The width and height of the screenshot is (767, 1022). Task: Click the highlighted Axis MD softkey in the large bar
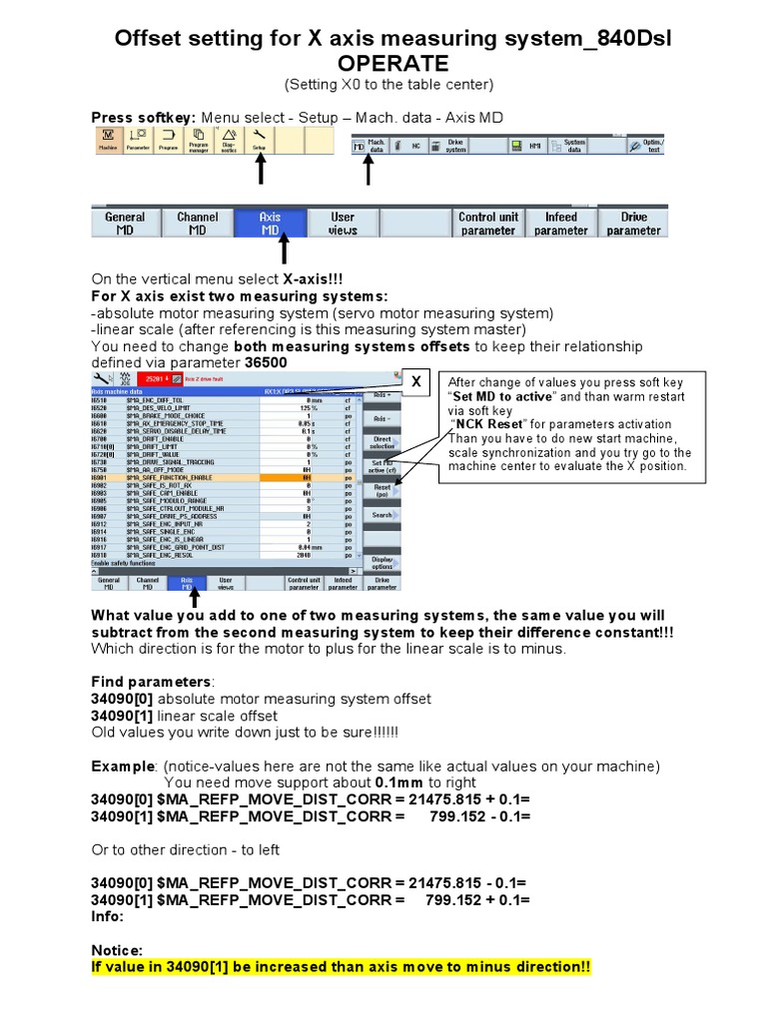(270, 224)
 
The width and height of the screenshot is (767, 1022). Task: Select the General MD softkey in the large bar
(125, 224)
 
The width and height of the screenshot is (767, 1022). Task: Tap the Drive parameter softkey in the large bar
(633, 224)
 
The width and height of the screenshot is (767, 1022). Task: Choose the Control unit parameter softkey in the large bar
(488, 224)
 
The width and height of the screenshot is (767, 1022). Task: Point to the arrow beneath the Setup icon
(260, 171)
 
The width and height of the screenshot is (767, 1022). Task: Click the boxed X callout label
(418, 383)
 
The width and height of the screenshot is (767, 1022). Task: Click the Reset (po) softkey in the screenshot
(383, 490)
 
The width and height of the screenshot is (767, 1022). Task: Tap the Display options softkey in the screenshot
(383, 564)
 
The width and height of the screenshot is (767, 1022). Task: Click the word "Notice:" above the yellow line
(117, 950)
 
